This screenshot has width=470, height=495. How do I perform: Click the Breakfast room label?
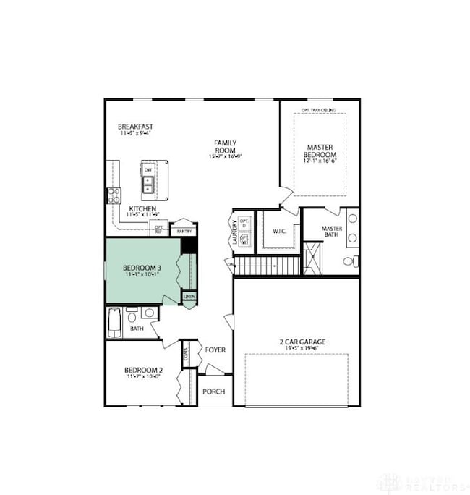(x=135, y=127)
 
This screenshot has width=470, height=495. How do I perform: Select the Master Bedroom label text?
(x=319, y=151)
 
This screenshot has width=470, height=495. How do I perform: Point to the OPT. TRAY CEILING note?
(x=318, y=111)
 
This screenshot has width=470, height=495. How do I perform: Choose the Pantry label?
(x=184, y=231)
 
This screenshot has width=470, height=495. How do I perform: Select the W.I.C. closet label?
(x=281, y=232)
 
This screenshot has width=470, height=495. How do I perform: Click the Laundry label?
(x=234, y=232)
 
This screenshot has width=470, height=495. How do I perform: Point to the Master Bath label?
(x=332, y=232)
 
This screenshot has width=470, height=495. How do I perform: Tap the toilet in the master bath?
(x=350, y=261)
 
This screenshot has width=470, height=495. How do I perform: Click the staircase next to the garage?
(x=266, y=266)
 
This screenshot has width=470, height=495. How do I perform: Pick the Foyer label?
(x=215, y=350)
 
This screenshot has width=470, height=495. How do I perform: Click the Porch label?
(x=213, y=392)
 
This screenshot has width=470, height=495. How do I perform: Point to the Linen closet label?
(x=189, y=297)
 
